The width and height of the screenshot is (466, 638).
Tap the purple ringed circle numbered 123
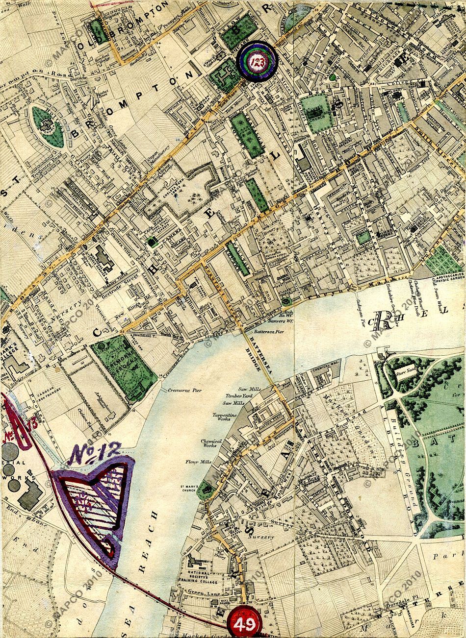pos(257,60)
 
